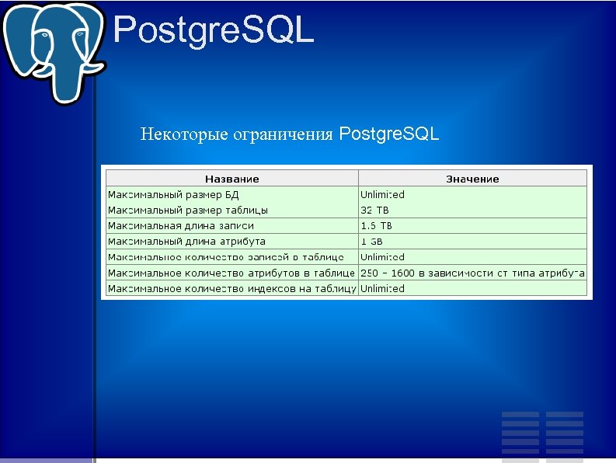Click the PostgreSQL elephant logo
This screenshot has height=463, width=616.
coord(53,48)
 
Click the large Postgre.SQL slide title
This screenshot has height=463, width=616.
coord(214,31)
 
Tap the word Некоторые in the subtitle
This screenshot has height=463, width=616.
coord(185,134)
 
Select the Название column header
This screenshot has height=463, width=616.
coord(231,179)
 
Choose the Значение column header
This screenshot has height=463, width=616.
coord(472,179)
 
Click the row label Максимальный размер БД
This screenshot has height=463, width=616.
coord(174,194)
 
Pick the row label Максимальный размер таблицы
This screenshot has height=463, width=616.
coord(188,210)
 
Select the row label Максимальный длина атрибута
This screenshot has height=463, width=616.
coord(186,242)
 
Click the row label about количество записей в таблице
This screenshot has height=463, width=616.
coord(225,257)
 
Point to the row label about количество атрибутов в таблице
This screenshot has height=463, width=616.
coord(231,273)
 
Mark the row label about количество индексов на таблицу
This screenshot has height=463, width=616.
coord(231,288)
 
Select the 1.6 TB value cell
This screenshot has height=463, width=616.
coord(377,225)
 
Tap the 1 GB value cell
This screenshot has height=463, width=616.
coord(372,242)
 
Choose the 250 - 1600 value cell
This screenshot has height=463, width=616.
coord(472,273)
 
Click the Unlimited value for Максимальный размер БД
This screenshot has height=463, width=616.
coord(382,194)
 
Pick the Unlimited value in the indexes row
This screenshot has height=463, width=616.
coord(382,288)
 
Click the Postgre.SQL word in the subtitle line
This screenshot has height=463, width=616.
coord(389,134)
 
